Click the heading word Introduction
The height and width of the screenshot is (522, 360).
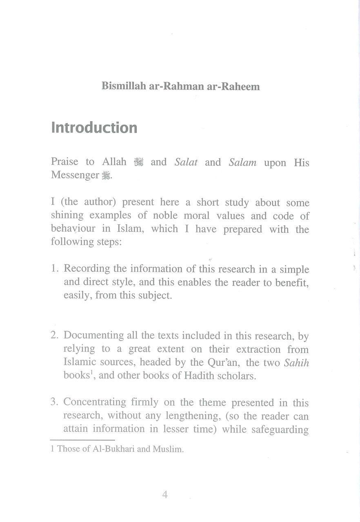pyautogui.click(x=94, y=128)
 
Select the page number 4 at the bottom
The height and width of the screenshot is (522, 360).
pyautogui.click(x=165, y=495)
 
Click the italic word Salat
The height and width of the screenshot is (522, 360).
pyautogui.click(x=186, y=162)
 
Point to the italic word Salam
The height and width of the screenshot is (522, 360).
pyautogui.click(x=242, y=162)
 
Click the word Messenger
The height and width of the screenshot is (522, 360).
pyautogui.click(x=75, y=175)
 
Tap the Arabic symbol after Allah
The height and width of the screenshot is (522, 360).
pyautogui.click(x=139, y=162)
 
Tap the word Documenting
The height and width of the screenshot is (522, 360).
pyautogui.click(x=94, y=335)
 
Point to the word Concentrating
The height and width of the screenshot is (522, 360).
pyautogui.click(x=95, y=403)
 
